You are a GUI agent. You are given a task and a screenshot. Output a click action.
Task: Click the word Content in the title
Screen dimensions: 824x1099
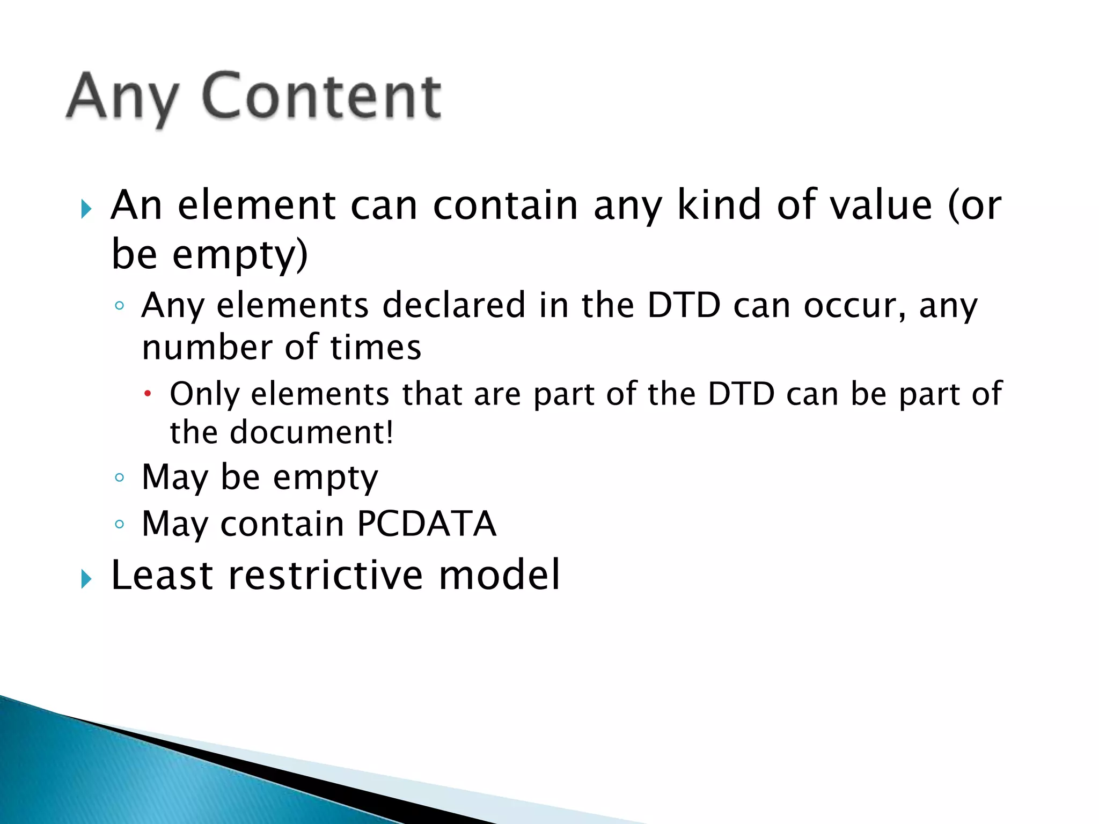pyautogui.click(x=322, y=97)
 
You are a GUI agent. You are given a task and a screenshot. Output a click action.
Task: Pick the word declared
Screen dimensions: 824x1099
pyautogui.click(x=453, y=305)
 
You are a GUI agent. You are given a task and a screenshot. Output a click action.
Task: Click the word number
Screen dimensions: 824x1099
pyautogui.click(x=207, y=347)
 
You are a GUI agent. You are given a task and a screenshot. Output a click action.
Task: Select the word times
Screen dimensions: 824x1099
pyautogui.click(x=376, y=347)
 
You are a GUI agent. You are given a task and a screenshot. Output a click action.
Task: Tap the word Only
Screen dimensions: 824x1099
pyautogui.click(x=204, y=394)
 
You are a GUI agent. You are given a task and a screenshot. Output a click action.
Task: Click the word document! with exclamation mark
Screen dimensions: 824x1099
pyautogui.click(x=312, y=432)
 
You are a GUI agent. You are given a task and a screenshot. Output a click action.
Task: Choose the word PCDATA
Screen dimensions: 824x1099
pyautogui.click(x=427, y=524)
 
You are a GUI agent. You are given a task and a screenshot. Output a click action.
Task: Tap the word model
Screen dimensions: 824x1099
pyautogui.click(x=499, y=575)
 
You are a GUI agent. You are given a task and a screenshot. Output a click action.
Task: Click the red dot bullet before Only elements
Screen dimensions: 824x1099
pyautogui.click(x=148, y=394)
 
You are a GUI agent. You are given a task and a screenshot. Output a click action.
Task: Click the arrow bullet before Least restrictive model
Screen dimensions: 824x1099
pyautogui.click(x=86, y=579)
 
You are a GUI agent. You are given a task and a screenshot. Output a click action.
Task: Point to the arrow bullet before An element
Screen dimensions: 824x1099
pyautogui.click(x=86, y=209)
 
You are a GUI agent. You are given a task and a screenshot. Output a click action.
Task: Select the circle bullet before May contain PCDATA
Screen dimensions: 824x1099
pyautogui.click(x=120, y=524)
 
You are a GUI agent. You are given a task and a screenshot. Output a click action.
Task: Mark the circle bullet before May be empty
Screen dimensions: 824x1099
pyautogui.click(x=120, y=477)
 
